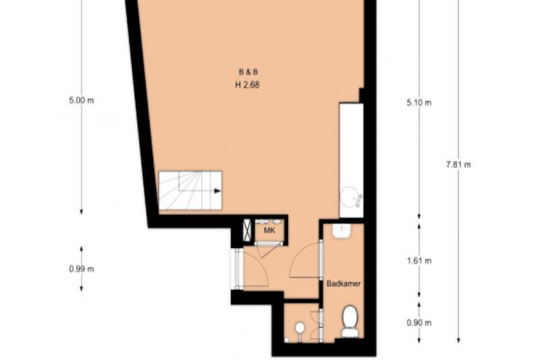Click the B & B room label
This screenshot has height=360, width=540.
[x=248, y=71]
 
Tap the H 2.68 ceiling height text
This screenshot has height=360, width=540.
[x=248, y=83]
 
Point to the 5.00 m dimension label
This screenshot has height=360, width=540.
[x=81, y=100]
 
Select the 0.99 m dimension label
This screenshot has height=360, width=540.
[x=81, y=268]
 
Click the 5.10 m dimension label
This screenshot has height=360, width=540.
[x=418, y=102]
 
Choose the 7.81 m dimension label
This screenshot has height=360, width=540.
[x=458, y=164]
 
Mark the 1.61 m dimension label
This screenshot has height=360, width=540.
[x=418, y=261]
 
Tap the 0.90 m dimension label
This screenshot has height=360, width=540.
[x=418, y=322]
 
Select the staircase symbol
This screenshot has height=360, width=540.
[x=190, y=191]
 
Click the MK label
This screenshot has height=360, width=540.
[x=269, y=231]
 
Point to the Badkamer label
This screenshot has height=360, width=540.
[x=344, y=284]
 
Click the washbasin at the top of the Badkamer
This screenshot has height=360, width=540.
[x=342, y=230]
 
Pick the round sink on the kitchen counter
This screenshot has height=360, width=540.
[x=350, y=197]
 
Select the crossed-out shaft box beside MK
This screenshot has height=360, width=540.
[x=247, y=230]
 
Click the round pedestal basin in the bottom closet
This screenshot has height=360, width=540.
[x=299, y=328]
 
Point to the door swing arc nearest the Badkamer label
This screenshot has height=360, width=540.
[x=304, y=261]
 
